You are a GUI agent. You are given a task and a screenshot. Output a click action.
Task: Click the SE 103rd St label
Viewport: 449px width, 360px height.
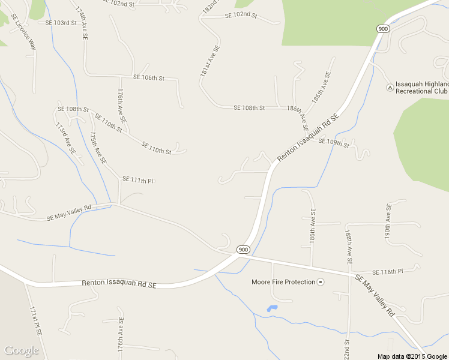tap(61, 22)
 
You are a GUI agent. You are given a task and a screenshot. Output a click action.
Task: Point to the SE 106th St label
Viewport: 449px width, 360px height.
tap(148, 78)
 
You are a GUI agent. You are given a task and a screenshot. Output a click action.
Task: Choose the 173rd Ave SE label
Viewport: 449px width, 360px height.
tap(65, 139)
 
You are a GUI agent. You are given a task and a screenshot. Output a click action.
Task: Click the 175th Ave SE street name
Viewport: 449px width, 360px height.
tap(98, 148)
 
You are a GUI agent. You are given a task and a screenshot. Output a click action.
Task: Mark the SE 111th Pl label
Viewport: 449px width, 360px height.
tap(138, 179)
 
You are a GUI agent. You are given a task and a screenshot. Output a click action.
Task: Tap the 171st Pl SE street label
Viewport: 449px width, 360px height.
tap(35, 320)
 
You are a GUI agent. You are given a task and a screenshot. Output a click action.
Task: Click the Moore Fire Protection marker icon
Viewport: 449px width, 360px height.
tap(321, 282)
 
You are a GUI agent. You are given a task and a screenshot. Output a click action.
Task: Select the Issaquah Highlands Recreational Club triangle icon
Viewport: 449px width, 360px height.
tap(390, 88)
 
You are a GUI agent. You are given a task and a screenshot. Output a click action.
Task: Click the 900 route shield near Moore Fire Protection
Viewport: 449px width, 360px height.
tap(243, 250)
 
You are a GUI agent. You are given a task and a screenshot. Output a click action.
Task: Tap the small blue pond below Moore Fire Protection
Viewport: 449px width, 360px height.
tap(272, 309)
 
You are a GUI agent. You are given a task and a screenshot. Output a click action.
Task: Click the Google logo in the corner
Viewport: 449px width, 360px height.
tap(21, 350)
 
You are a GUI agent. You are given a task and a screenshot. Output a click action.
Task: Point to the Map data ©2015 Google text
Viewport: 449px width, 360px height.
tap(412, 356)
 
